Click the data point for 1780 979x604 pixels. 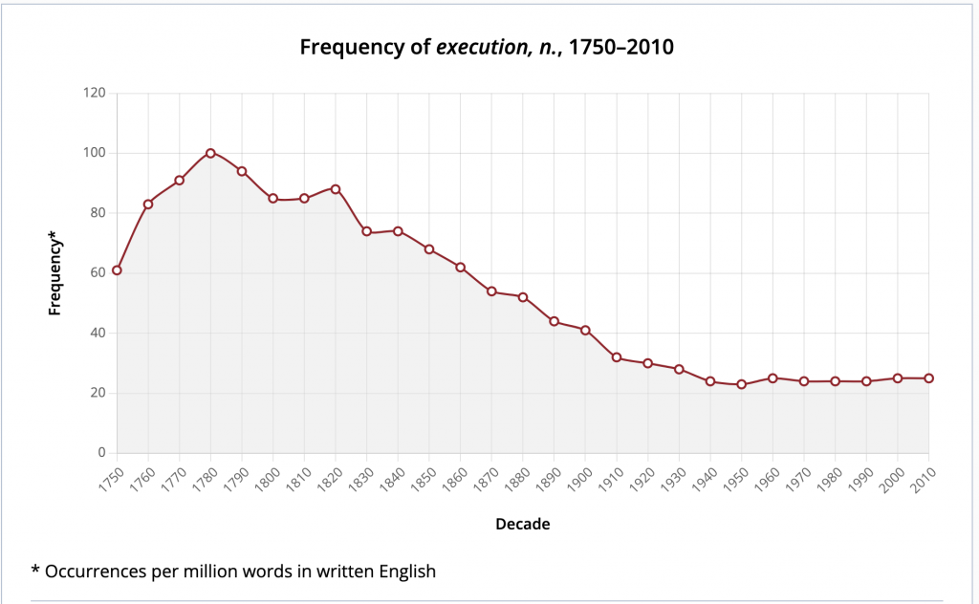pos(210,153)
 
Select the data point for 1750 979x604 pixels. pos(117,270)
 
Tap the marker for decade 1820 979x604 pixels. pos(336,189)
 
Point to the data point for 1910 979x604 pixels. pos(617,357)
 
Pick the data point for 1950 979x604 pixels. pos(741,384)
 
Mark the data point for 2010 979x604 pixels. pos(928,378)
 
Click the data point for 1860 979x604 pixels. pos(460,268)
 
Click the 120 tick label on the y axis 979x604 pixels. pos(94,94)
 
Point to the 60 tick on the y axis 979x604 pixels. pos(98,273)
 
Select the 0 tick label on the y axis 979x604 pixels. pos(101,453)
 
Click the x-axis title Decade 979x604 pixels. pos(522,524)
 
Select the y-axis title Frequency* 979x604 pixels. pos(55,273)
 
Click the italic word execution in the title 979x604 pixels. pos(478,47)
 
